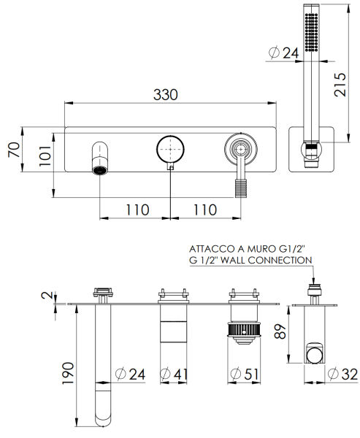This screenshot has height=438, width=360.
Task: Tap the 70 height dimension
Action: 12,150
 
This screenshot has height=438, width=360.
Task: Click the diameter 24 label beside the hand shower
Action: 284,53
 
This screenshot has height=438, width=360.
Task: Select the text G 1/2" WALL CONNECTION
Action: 250,260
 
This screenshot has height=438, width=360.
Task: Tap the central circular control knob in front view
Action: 170,149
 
